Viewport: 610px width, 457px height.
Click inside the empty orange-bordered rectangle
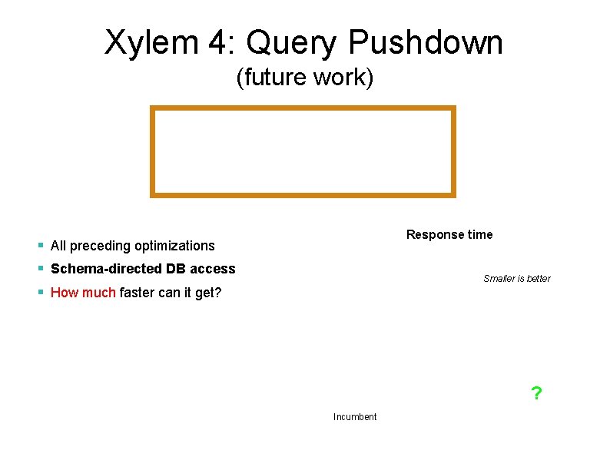click(x=303, y=151)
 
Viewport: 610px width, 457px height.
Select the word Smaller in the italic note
click(x=500, y=278)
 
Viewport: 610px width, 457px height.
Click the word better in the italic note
click(x=539, y=278)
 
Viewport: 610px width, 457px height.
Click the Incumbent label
click(x=355, y=416)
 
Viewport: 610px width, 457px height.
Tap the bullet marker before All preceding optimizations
click(x=40, y=247)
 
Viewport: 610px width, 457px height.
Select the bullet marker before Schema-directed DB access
click(x=40, y=270)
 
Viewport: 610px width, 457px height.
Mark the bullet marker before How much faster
click(x=40, y=293)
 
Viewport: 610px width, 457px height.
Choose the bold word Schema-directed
click(x=106, y=269)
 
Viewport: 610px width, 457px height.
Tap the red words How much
click(x=83, y=292)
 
